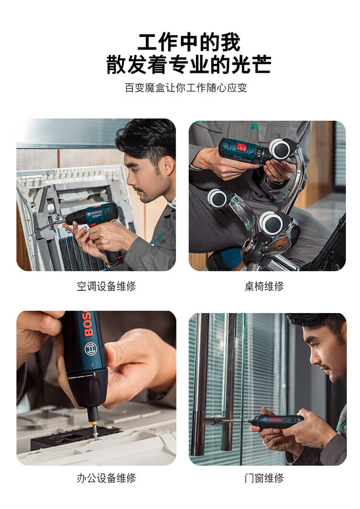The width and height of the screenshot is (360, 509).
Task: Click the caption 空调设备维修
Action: coord(106,286)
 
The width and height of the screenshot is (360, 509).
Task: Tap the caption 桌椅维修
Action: coord(264,286)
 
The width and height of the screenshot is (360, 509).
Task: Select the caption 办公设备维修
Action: coord(106,478)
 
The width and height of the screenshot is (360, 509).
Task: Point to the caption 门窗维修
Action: coord(264,478)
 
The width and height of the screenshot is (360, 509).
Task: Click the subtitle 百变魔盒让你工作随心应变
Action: coord(186,88)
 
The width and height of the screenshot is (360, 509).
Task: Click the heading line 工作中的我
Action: coord(189,42)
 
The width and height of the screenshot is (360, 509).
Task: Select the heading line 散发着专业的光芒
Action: coord(189,64)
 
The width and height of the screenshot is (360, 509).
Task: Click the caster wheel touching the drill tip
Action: coord(280,149)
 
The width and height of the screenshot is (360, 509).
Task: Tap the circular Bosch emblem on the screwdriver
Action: coord(90,349)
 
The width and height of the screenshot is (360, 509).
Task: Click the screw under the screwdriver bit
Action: coord(96,433)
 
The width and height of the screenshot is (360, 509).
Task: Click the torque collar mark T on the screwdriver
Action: coord(95,374)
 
